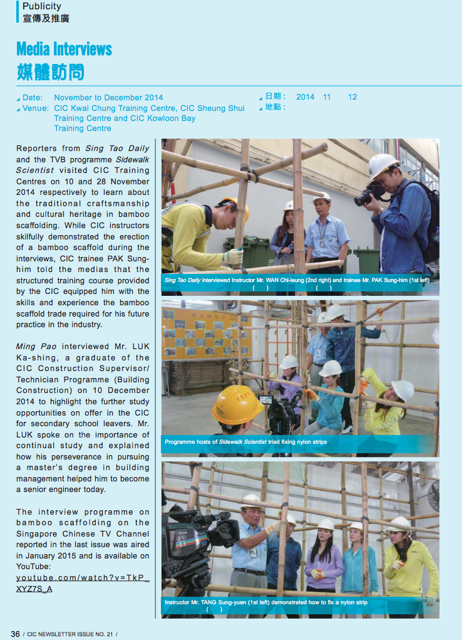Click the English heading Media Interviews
[64, 49]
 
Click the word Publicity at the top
[41, 6]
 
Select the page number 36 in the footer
[15, 634]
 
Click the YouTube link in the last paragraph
[83, 583]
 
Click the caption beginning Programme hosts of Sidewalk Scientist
[245, 442]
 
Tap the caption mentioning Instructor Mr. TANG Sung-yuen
[266, 602]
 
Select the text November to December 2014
[108, 98]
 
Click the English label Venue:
[36, 108]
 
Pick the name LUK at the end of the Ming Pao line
[139, 346]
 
